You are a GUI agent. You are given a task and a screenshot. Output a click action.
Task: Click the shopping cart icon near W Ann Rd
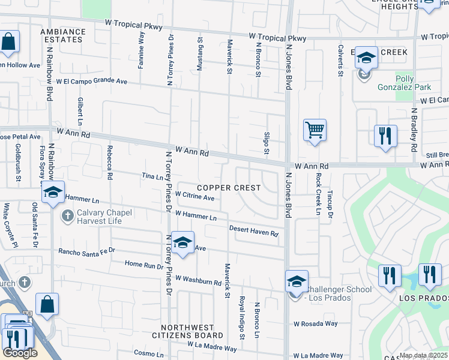click(315, 130)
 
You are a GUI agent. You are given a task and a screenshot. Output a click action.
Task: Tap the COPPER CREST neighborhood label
click(229, 188)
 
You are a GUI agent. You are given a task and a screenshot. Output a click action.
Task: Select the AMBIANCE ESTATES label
click(61, 35)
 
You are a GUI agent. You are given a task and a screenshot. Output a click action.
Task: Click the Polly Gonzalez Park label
click(413, 83)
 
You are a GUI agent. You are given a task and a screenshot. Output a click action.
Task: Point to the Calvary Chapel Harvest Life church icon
click(68, 215)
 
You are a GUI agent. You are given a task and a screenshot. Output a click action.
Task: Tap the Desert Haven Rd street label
click(254, 230)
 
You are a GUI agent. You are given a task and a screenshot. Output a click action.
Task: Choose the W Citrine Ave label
click(195, 197)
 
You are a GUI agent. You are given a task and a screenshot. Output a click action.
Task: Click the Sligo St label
click(267, 143)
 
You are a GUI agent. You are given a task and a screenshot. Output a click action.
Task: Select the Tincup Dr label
click(330, 205)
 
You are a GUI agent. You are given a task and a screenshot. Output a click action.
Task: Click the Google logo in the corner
click(20, 353)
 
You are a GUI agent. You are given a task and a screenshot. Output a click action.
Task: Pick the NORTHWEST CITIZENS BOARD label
click(187, 335)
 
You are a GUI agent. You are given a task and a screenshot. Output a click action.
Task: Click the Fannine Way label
click(141, 50)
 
